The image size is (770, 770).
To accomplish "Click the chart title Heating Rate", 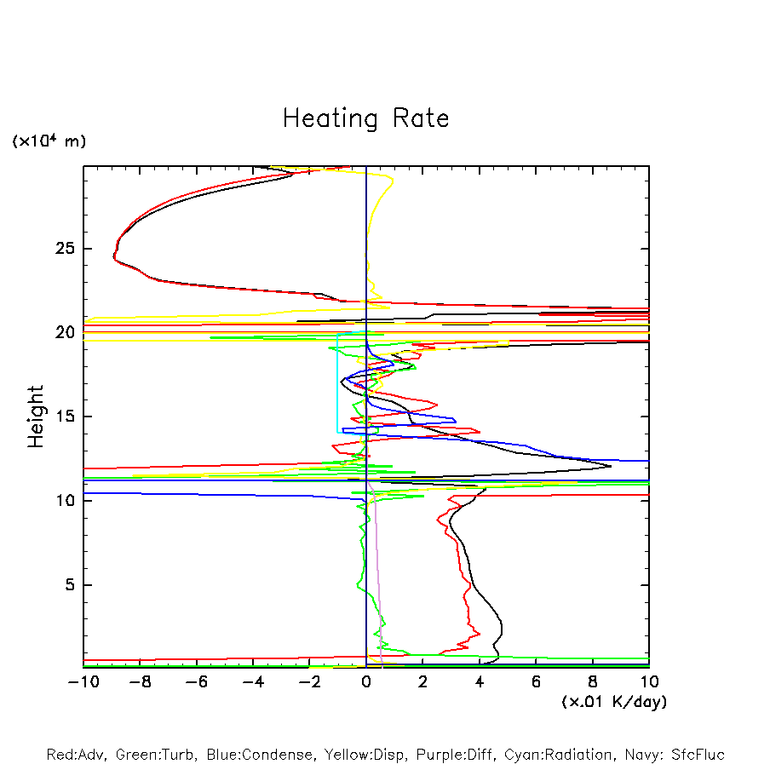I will click(x=365, y=118).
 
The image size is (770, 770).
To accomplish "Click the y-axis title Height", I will click(x=36, y=417).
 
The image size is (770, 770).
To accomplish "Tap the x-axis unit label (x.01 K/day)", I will click(x=613, y=702).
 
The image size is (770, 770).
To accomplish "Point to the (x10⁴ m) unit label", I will click(x=49, y=141).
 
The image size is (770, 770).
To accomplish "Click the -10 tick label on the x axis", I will click(x=83, y=681).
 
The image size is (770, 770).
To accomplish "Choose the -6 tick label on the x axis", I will click(x=196, y=681).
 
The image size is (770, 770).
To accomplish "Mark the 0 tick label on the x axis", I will click(x=366, y=681).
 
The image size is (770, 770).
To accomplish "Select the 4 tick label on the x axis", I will click(x=480, y=681).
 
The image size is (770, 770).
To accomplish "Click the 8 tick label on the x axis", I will click(x=593, y=681).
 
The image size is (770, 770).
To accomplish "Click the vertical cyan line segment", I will click(x=338, y=383).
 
